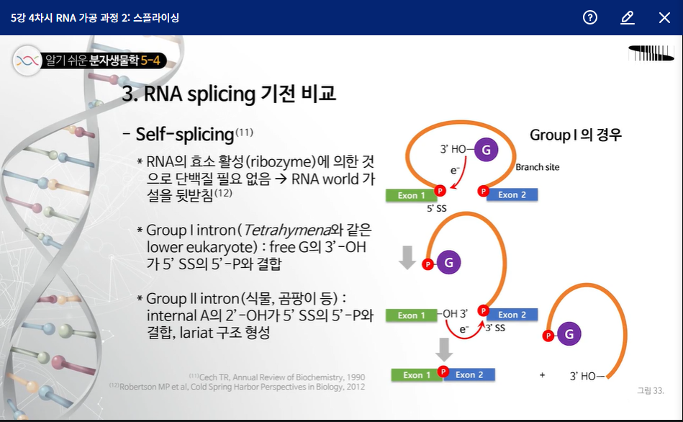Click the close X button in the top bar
tap(664, 17)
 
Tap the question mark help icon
tap(590, 17)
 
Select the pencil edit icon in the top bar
tap(627, 17)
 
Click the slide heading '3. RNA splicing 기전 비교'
tap(229, 94)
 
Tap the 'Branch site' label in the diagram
tap(537, 167)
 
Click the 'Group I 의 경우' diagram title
tap(575, 135)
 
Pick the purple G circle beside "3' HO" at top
tap(487, 151)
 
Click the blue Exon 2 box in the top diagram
tap(512, 194)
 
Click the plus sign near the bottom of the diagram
tap(542, 375)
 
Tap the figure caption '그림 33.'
tap(650, 390)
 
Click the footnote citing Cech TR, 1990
tap(277, 377)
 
